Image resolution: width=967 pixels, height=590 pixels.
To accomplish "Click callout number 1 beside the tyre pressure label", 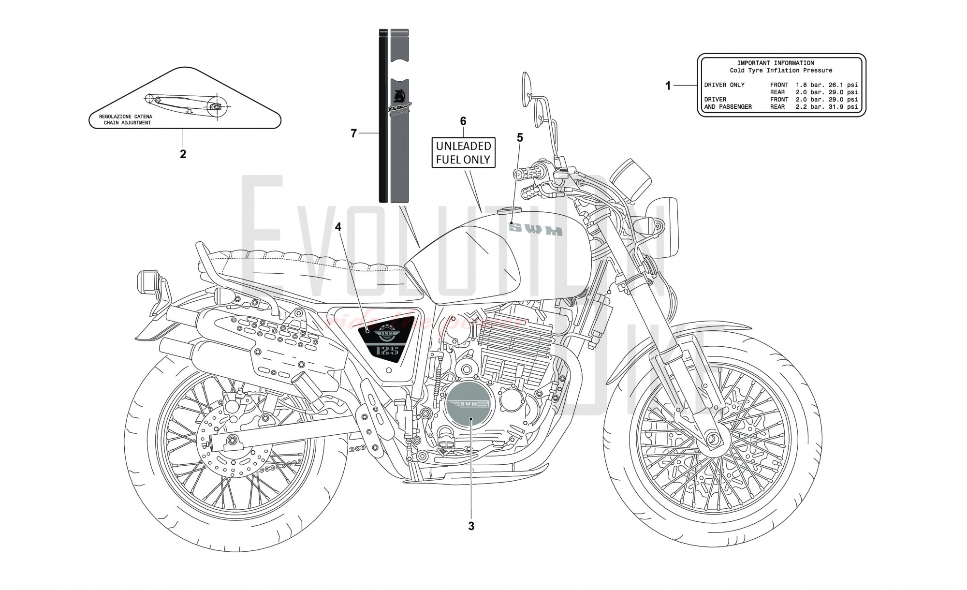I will click(x=668, y=86).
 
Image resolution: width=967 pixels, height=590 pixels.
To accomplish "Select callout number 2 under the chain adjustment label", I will click(x=183, y=154).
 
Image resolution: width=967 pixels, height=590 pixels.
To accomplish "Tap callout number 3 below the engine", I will click(x=471, y=526).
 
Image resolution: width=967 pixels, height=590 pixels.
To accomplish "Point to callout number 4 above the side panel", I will click(x=338, y=227).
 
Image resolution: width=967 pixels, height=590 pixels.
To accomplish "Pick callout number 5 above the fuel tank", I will click(x=520, y=138).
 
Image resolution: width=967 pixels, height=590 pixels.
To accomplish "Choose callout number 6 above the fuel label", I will click(x=463, y=121).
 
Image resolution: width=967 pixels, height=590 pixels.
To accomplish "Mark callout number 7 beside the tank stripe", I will click(x=354, y=133).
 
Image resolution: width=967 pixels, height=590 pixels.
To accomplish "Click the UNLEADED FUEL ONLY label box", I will click(x=463, y=152).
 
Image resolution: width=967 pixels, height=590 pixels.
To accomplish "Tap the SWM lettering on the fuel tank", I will click(x=537, y=230).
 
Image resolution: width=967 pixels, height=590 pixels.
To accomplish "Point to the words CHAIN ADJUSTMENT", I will click(x=127, y=123).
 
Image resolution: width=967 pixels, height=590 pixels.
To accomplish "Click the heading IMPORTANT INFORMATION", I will click(x=776, y=63).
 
